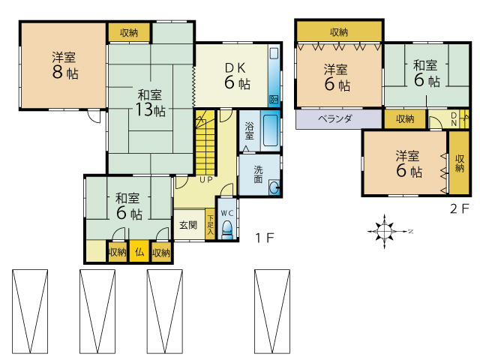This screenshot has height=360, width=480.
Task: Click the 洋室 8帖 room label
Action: (65, 65)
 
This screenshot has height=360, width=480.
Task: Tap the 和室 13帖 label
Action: (150, 103)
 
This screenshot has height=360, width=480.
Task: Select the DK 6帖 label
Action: (237, 76)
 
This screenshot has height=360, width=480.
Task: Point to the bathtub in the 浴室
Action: (271, 130)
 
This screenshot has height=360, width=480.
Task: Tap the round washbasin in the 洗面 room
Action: (274, 187)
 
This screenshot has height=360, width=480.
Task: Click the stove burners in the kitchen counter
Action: (274, 99)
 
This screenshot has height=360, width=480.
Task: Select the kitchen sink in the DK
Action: (274, 54)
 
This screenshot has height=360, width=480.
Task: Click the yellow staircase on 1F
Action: (205, 142)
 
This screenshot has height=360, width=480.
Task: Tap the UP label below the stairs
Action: (206, 180)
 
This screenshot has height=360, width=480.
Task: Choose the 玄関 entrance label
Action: (188, 225)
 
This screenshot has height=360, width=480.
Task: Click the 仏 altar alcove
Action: (139, 252)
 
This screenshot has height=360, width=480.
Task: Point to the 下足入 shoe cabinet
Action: (210, 225)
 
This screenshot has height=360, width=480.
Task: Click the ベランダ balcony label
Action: (335, 118)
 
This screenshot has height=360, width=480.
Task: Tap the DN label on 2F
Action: (454, 118)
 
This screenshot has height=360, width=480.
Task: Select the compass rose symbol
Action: (385, 231)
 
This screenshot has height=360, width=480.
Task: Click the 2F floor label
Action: (459, 208)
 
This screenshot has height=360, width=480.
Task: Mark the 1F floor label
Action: (265, 238)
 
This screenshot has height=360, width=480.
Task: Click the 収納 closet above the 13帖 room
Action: (129, 32)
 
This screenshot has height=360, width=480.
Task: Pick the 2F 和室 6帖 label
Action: (427, 73)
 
